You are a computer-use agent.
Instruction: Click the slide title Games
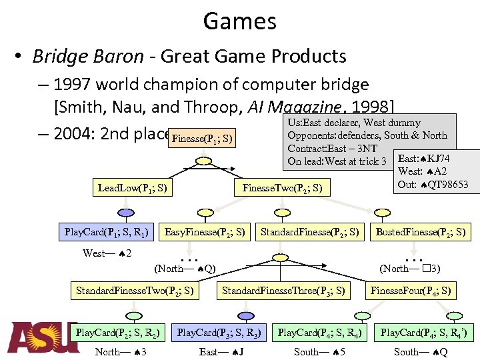pyautogui.click(x=240, y=21)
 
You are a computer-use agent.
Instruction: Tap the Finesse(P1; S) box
pyautogui.click(x=202, y=139)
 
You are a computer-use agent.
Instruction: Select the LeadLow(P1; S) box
pyautogui.click(x=132, y=188)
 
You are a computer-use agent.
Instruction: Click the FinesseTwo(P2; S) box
pyautogui.click(x=283, y=188)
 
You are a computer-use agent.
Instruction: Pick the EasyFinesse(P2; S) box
pyautogui.click(x=205, y=232)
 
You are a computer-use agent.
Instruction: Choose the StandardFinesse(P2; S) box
pyautogui.click(x=310, y=232)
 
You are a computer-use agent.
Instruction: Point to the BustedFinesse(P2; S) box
pyautogui.click(x=421, y=232)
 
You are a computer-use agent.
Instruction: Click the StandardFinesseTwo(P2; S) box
pyautogui.click(x=135, y=290)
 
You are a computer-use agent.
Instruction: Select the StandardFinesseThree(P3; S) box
pyautogui.click(x=283, y=290)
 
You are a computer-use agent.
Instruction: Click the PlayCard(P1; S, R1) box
pyautogui.click(x=107, y=232)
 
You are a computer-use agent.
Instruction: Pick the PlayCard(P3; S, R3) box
pyautogui.click(x=219, y=331)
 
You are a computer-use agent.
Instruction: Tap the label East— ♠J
pyautogui.click(x=219, y=351)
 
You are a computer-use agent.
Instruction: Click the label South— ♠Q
pyautogui.click(x=421, y=351)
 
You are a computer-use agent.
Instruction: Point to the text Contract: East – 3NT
pyautogui.click(x=332, y=148)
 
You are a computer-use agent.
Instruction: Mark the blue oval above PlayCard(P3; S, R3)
pyautogui.click(x=246, y=315)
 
